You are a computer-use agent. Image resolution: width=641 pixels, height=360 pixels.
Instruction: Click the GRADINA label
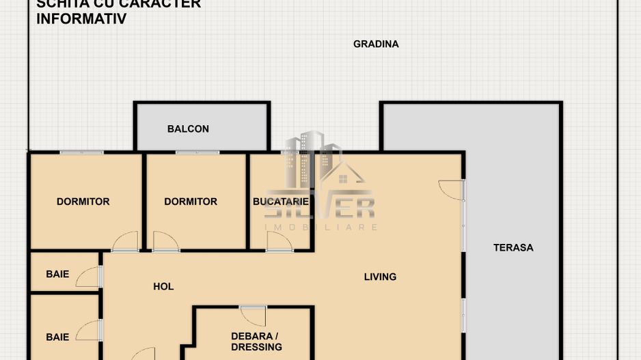click(x=376, y=44)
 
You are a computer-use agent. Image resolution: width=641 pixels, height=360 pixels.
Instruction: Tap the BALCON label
click(x=188, y=129)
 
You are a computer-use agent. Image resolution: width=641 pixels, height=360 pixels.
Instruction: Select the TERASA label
click(x=513, y=248)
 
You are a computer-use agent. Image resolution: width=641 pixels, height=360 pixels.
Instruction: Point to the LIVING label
click(x=380, y=277)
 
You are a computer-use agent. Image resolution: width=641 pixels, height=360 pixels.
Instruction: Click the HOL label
click(x=163, y=287)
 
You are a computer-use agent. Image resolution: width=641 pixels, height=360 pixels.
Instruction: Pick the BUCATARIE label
click(x=280, y=202)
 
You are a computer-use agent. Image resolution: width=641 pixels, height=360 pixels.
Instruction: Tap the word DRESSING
click(x=256, y=347)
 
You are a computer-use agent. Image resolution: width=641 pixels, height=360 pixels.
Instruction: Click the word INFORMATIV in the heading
click(x=81, y=19)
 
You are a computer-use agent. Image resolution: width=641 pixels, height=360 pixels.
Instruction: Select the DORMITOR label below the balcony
click(x=191, y=202)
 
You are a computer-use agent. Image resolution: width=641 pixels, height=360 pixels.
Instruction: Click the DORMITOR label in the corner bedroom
click(x=83, y=202)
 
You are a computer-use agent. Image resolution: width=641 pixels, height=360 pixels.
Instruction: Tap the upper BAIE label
click(x=57, y=275)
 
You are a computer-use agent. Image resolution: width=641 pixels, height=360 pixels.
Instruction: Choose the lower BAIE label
click(x=57, y=337)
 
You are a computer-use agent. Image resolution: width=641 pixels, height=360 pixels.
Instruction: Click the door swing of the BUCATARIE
click(x=278, y=241)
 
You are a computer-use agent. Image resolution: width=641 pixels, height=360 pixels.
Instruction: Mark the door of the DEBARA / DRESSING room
click(x=254, y=316)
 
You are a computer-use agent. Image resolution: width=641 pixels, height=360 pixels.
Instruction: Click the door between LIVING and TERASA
click(x=452, y=189)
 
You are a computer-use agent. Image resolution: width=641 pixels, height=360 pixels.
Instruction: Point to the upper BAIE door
click(x=90, y=277)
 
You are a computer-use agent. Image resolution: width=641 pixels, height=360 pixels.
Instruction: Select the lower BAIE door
click(x=90, y=331)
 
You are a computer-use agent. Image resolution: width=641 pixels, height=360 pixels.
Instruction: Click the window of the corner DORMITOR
click(x=81, y=152)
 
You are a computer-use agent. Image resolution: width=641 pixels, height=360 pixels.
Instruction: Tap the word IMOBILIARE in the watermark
click(x=320, y=227)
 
